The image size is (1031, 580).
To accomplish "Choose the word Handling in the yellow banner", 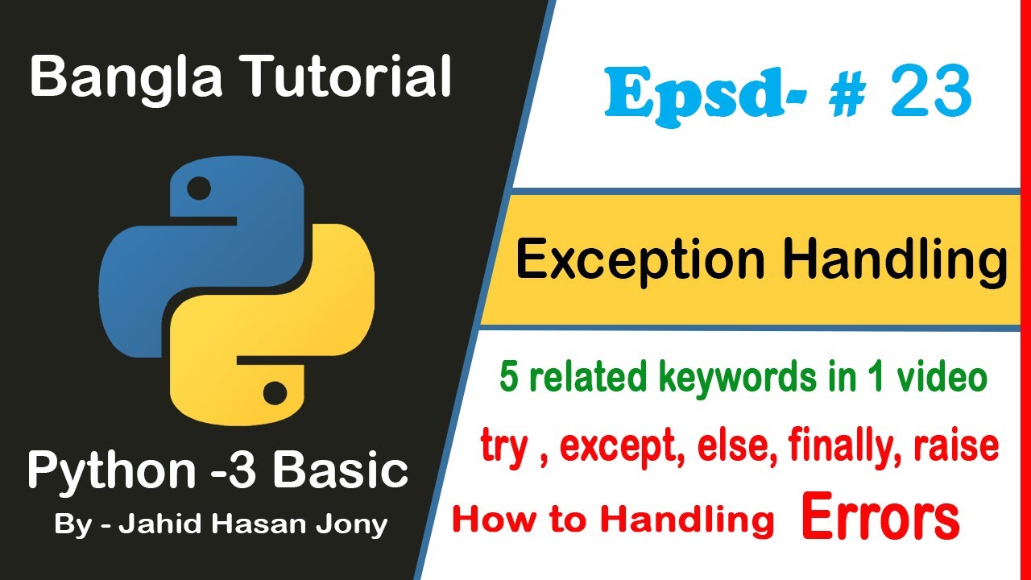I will (894, 261).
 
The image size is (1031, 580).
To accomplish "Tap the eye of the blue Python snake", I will (198, 189).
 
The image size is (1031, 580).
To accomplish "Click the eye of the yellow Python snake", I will (275, 394).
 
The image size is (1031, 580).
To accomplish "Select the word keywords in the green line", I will (722, 378).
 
